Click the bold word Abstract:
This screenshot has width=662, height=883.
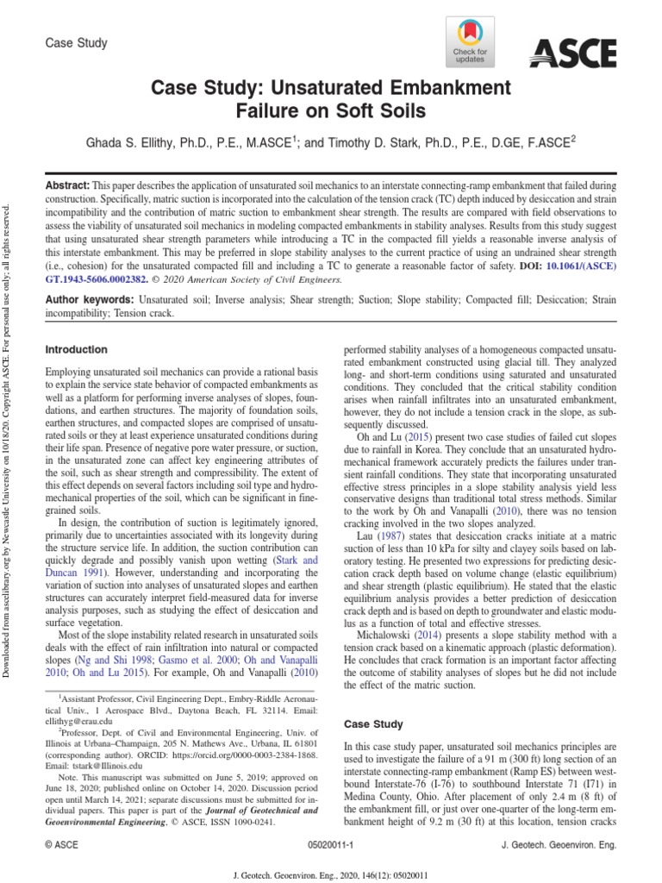[x=66, y=186]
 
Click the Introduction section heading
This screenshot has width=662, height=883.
[x=76, y=350]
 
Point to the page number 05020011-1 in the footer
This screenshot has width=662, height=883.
[x=330, y=846]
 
